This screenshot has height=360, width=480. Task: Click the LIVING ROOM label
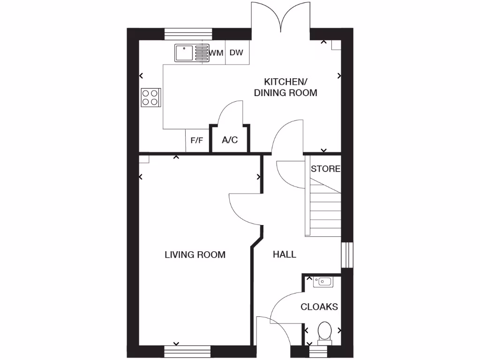(195, 255)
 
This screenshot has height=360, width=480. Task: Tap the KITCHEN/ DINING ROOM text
(285, 87)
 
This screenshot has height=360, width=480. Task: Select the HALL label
(285, 254)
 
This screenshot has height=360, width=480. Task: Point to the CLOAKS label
(319, 307)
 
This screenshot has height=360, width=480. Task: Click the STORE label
(325, 169)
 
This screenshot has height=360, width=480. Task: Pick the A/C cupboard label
(230, 140)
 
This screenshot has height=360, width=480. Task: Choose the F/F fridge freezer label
(197, 140)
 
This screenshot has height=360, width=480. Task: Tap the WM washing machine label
(216, 52)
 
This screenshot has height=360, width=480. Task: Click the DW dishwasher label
(236, 52)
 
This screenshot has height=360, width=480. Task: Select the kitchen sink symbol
(191, 53)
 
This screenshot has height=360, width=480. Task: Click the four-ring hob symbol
(151, 97)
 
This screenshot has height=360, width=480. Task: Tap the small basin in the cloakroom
(324, 281)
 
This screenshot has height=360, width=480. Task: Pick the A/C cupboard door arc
(231, 112)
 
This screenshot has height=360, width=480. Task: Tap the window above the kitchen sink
(188, 34)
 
